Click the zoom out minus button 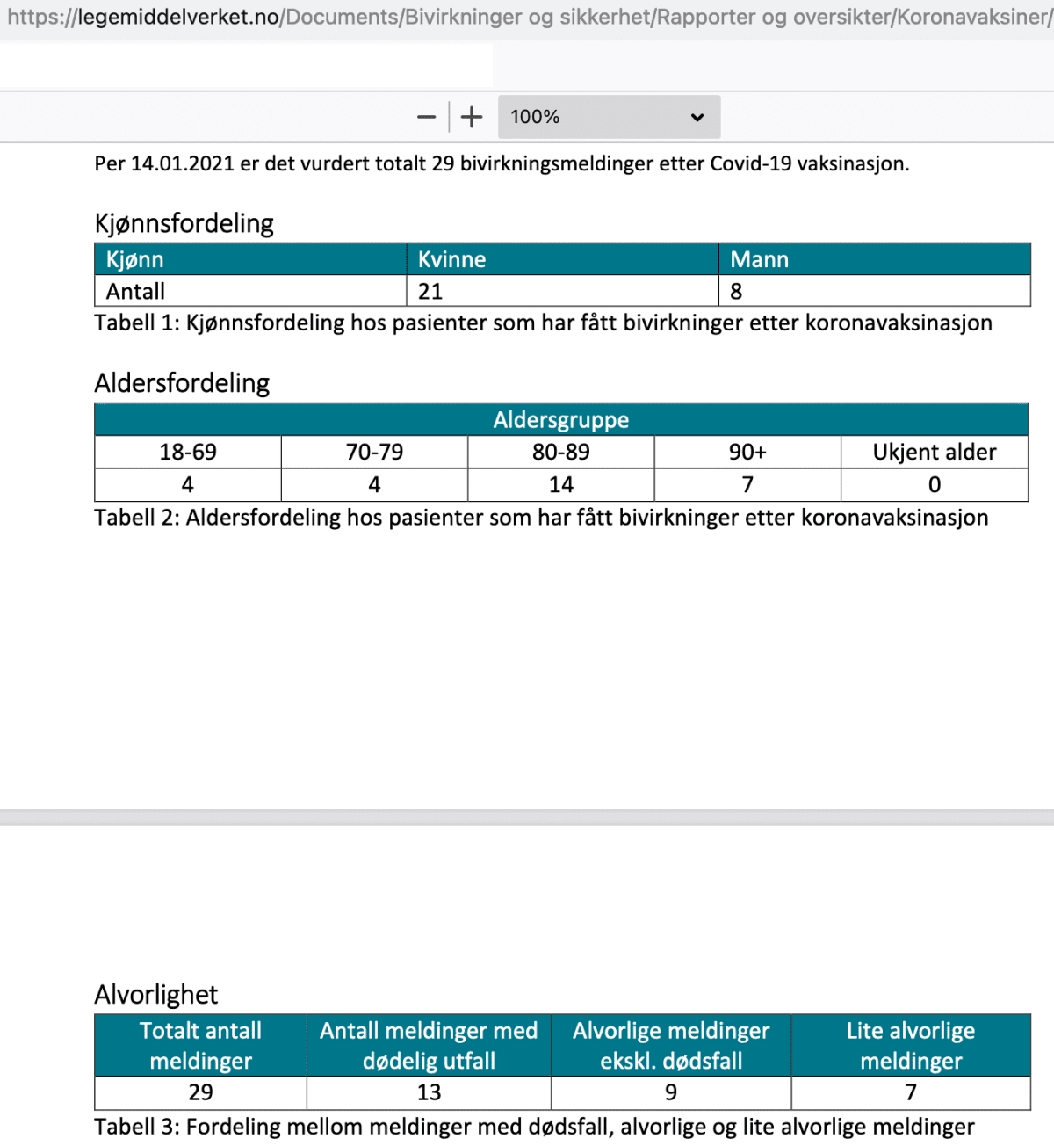pos(427,117)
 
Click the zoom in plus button pos(472,117)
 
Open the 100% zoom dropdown pos(609,117)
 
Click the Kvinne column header pos(452,259)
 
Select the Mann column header pos(760,259)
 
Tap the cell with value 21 pos(430,291)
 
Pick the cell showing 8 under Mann pos(736,291)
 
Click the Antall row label pos(136,291)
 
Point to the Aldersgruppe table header pos(561,420)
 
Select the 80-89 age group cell pos(561,452)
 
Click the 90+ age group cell pos(747,452)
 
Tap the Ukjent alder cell pos(935,452)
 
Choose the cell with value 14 pos(561,484)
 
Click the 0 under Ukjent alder pos(935,484)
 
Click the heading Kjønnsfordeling pos(184,223)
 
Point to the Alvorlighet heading pos(156,994)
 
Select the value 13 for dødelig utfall pos(429,1092)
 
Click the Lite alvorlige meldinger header pos(911,1046)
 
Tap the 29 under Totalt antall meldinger pos(200,1092)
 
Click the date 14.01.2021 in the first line pos(183,163)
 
